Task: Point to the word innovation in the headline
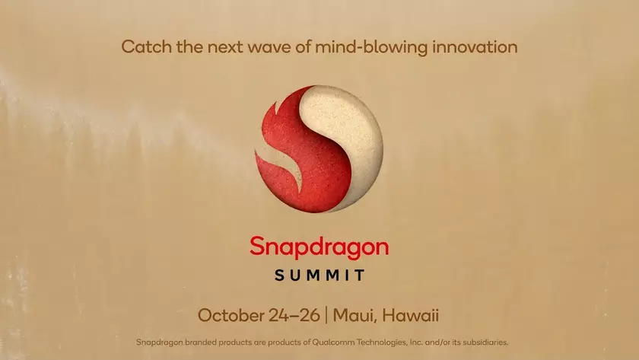point(475,46)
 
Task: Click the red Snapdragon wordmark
point(319,247)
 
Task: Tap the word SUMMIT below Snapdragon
point(319,274)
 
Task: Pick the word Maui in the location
point(355,314)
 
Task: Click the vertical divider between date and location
point(325,314)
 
